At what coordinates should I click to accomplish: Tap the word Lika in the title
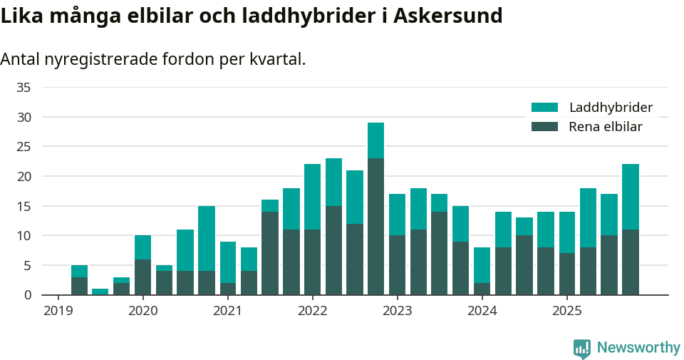pos(19,15)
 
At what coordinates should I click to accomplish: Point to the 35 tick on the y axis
pos(24,87)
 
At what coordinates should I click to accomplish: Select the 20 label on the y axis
pos(24,176)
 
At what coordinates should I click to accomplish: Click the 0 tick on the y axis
pos(27,294)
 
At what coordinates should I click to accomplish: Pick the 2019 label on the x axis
pos(58,311)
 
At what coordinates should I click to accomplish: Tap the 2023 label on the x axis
pos(397,311)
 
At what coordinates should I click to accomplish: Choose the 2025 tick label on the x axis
pos(566,311)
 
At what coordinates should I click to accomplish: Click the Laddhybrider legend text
pos(611,108)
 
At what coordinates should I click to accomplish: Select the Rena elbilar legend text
pos(606,127)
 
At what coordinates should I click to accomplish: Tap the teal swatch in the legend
pos(544,108)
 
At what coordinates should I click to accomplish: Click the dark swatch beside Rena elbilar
pos(544,127)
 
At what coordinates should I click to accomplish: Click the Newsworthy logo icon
pos(582,348)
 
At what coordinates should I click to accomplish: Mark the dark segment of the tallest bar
pos(375,227)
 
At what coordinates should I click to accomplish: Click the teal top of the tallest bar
pos(375,140)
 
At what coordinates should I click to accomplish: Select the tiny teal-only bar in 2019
pos(100,292)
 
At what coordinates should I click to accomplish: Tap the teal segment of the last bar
pos(630,197)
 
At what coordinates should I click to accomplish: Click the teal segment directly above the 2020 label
pos(142,247)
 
